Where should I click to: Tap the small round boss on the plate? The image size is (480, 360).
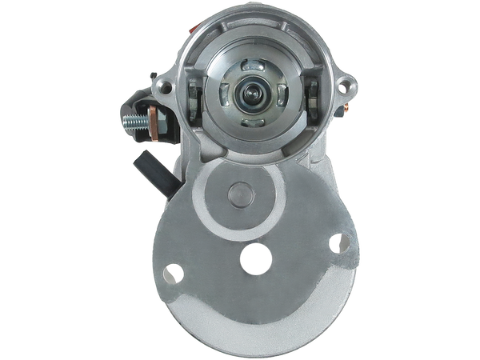(238, 194)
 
